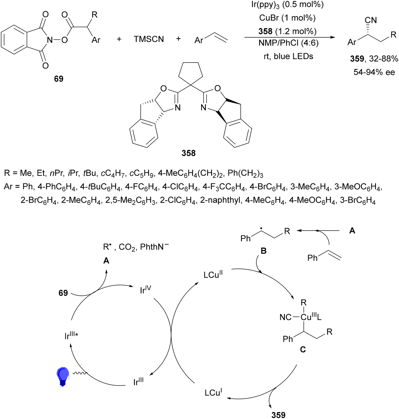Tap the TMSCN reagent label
[149, 39]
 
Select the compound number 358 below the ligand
[188, 153]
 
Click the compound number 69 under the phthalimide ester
[58, 79]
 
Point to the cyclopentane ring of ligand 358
[191, 73]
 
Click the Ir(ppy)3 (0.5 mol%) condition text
[287, 5]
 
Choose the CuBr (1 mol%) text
[287, 18]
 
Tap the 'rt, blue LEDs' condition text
[288, 56]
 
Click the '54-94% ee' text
[374, 72]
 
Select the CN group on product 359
[371, 20]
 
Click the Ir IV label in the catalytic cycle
[146, 290]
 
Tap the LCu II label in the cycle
[213, 274]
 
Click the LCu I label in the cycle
[213, 392]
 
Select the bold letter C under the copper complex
[303, 350]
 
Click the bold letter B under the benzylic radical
[264, 251]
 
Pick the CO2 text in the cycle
[127, 247]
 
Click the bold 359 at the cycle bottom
[278, 415]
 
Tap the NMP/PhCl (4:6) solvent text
[288, 43]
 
